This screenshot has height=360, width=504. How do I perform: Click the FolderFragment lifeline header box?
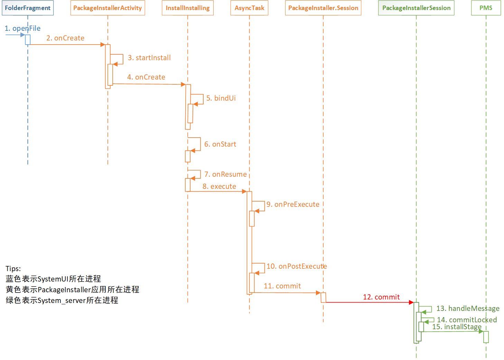click(x=28, y=8)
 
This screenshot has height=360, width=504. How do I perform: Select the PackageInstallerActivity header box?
click(x=108, y=8)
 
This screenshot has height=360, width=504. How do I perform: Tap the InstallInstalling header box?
click(x=188, y=8)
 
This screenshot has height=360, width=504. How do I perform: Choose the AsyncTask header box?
click(x=249, y=8)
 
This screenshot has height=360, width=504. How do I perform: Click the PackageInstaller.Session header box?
click(x=323, y=8)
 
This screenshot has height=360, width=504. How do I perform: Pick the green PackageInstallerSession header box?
click(x=416, y=8)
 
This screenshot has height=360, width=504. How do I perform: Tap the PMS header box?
click(x=486, y=8)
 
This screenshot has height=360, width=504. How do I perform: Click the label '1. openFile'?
click(x=22, y=28)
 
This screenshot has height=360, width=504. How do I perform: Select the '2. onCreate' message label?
click(x=65, y=38)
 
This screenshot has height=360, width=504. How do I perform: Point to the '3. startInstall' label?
click(x=149, y=58)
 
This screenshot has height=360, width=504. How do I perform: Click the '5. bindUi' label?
click(x=221, y=98)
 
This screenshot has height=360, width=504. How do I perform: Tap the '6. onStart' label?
click(x=220, y=144)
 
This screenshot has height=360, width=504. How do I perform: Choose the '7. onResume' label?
click(x=225, y=174)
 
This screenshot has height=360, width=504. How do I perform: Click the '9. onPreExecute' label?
click(x=293, y=204)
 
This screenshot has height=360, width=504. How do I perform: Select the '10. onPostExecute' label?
click(x=297, y=266)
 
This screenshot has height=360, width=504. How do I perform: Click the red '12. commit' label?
click(x=381, y=297)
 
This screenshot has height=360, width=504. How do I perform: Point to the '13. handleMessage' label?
click(x=468, y=308)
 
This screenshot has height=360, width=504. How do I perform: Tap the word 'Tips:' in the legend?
click(x=13, y=269)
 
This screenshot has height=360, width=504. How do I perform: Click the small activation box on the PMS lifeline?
click(x=486, y=337)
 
